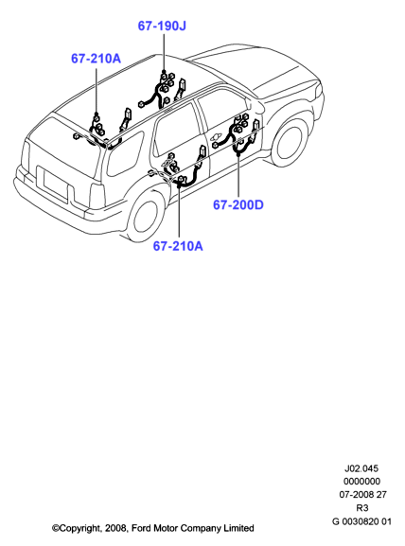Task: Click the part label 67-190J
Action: pyautogui.click(x=162, y=26)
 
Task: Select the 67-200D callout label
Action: pyautogui.click(x=238, y=204)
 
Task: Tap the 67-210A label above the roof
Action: pyautogui.click(x=97, y=59)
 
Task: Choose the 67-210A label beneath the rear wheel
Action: pyautogui.click(x=178, y=246)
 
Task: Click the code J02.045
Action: pyautogui.click(x=361, y=468)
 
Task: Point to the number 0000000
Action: pyautogui.click(x=361, y=482)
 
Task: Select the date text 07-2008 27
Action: pyautogui.click(x=362, y=495)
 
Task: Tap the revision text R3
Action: pyautogui.click(x=362, y=508)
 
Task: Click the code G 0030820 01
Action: pyautogui.click(x=361, y=521)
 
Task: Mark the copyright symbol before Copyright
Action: pyautogui.click(x=56, y=528)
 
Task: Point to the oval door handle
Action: pyautogui.click(x=219, y=137)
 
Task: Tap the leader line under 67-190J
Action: pyautogui.click(x=164, y=52)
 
